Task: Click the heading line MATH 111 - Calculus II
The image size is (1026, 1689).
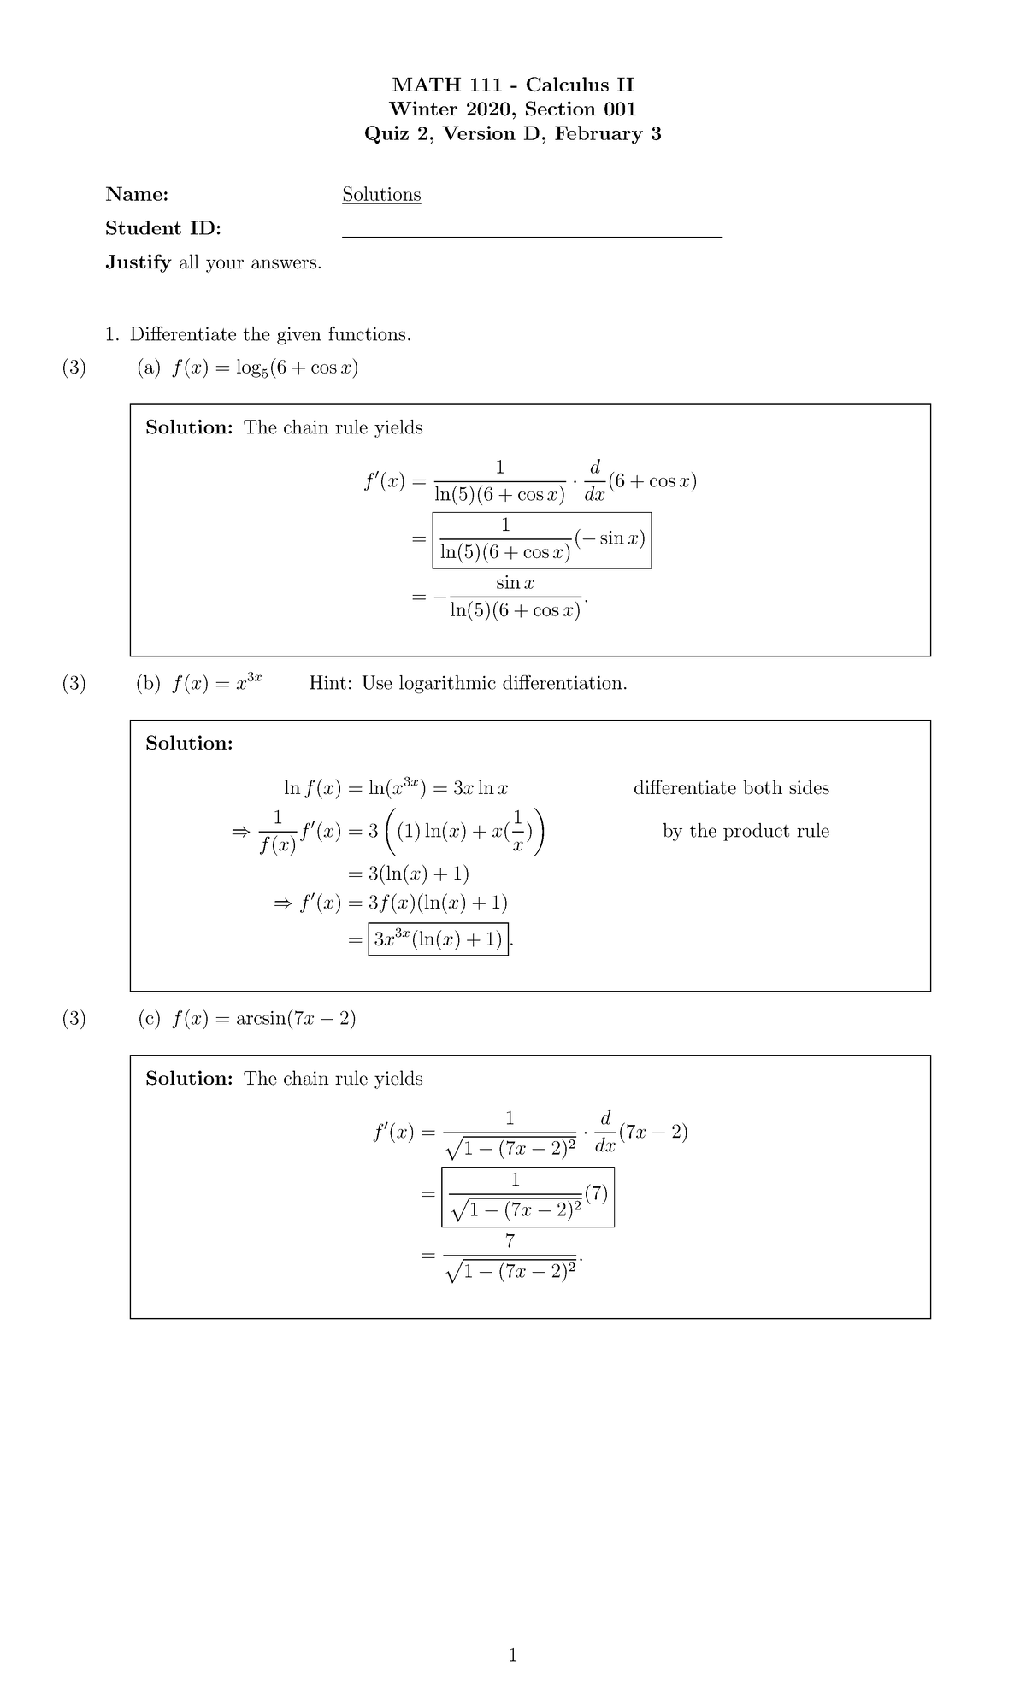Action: point(512,85)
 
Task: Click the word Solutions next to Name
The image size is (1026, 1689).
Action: point(381,195)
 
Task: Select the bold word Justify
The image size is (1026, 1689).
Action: point(138,262)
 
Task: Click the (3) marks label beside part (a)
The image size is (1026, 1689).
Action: point(74,368)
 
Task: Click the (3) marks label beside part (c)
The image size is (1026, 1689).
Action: point(74,1018)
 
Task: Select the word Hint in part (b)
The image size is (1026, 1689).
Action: point(330,683)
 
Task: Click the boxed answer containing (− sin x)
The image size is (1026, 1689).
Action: point(542,540)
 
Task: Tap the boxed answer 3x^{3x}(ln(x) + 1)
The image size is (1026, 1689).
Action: point(438,939)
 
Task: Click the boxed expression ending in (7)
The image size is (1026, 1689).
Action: point(528,1197)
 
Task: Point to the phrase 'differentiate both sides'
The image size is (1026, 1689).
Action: point(731,788)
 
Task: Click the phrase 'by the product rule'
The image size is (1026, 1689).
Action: point(746,831)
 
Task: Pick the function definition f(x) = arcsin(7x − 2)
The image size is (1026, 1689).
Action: point(263,1018)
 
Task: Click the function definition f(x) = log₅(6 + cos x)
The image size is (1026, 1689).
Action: point(264,368)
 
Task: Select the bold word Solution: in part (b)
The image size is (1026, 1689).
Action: point(189,744)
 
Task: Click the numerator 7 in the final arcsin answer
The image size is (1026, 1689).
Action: point(510,1241)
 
